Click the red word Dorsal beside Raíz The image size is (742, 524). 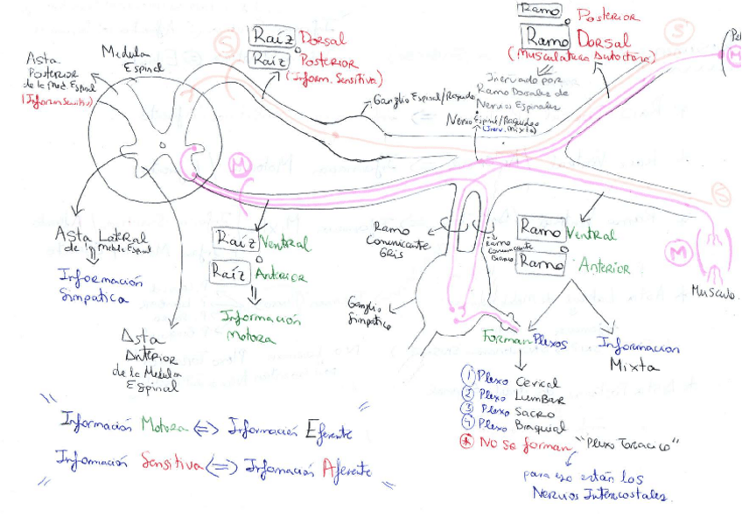323,39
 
